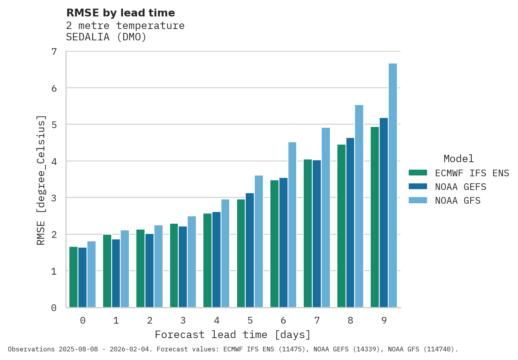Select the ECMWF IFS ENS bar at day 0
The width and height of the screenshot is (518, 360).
(73, 277)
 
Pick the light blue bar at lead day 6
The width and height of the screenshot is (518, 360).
(292, 225)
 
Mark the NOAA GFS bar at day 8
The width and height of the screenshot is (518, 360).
(359, 206)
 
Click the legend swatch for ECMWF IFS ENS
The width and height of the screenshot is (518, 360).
(418, 173)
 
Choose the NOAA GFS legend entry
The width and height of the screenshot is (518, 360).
(457, 201)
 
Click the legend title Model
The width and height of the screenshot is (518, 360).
(458, 159)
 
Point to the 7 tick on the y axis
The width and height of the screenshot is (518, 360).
(54, 52)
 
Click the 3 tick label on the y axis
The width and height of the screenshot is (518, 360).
(54, 198)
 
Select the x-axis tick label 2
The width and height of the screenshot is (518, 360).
(150, 320)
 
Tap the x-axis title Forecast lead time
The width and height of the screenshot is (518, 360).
(233, 335)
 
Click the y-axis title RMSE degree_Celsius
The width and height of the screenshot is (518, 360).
(41, 180)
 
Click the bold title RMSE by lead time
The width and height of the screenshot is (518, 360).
(121, 13)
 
